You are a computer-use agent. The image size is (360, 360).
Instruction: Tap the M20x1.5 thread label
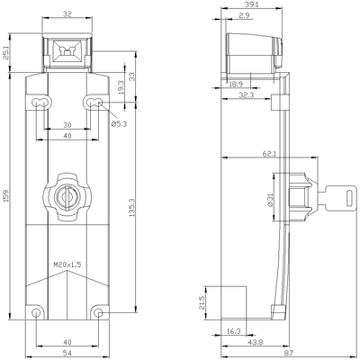[67, 265]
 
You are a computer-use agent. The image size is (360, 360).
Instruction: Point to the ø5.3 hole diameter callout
[118, 124]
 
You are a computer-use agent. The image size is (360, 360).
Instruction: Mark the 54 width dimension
[67, 351]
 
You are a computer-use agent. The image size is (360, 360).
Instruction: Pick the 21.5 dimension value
[202, 304]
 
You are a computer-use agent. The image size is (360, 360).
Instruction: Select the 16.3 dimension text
[234, 331]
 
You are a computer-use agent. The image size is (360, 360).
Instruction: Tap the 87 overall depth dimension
[287, 352]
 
